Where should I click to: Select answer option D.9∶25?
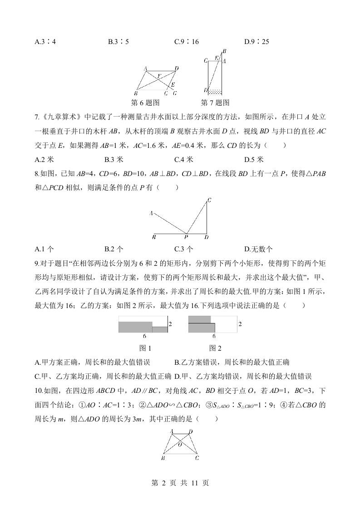(256, 42)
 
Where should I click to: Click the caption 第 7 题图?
(215, 103)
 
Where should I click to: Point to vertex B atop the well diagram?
(224, 51)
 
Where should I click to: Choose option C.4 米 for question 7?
(183, 159)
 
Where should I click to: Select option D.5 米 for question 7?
(254, 159)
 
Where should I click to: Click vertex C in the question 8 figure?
(209, 200)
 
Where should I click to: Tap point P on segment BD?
(186, 237)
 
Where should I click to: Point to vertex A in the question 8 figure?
(151, 213)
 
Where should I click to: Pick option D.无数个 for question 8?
(258, 249)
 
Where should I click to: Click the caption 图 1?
(144, 348)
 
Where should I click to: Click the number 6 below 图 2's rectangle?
(213, 337)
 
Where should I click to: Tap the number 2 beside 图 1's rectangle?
(170, 324)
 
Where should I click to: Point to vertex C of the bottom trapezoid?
(197, 458)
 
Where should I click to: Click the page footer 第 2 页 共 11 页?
(180, 484)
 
